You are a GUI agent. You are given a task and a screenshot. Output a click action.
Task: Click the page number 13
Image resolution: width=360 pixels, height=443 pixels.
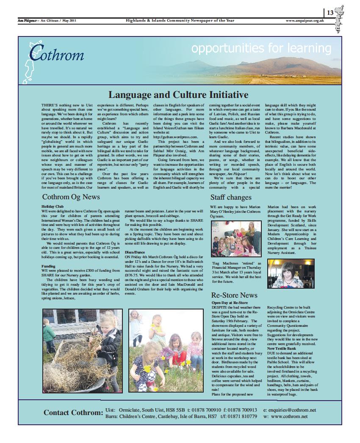330,12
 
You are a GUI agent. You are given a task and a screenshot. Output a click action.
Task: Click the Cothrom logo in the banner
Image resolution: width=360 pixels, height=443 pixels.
55,55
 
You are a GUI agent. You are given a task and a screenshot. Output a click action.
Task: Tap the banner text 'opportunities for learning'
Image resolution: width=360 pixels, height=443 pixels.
261,48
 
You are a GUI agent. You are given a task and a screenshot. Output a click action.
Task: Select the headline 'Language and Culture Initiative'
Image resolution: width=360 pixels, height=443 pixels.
178,95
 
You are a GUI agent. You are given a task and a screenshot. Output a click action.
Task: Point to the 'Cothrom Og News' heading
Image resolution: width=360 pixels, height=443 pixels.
71,197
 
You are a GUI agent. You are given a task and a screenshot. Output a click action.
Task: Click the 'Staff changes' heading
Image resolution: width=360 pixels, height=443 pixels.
231,197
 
